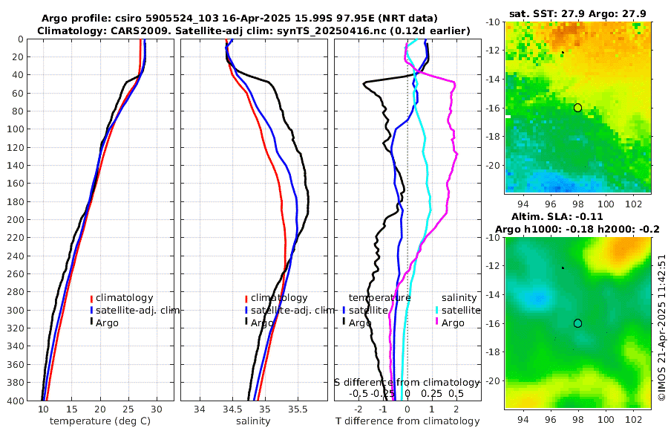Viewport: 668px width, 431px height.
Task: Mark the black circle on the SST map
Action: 577,108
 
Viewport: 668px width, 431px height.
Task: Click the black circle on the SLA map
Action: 577,323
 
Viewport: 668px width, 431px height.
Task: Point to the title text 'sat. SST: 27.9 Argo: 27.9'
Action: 577,14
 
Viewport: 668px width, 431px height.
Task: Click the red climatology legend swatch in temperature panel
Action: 92,298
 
